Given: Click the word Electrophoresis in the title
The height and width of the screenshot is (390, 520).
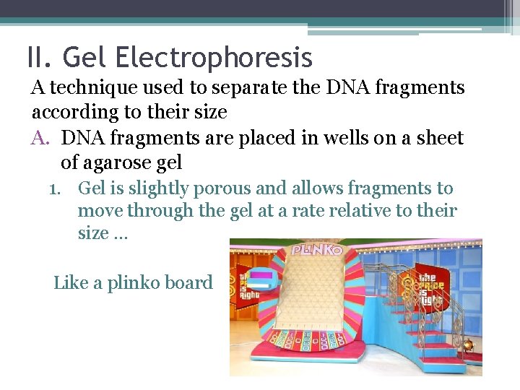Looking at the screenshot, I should click(213, 58).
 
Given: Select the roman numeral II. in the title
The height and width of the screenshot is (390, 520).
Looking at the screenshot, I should click(40, 58).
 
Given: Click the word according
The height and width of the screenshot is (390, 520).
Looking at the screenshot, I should click(71, 113).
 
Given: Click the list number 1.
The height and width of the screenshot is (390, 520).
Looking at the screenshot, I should click(55, 189).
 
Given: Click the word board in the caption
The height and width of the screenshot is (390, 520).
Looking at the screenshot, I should click(190, 282).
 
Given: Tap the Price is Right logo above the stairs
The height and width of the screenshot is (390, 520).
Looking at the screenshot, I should click(420, 285).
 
